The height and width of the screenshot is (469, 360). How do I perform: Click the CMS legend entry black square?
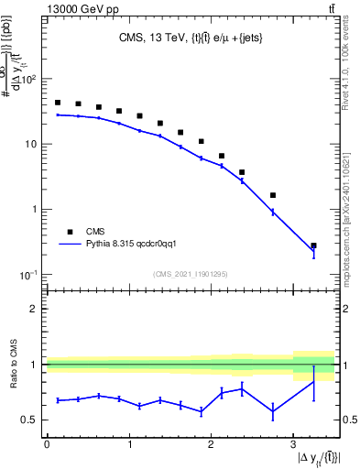[x=68, y=232]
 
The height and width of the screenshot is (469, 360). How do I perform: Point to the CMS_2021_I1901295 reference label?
[x=190, y=274]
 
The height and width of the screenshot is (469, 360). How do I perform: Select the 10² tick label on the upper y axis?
[x=28, y=80]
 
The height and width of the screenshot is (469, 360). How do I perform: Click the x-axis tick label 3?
[x=292, y=444]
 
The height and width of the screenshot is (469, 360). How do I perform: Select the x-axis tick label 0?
[x=47, y=444]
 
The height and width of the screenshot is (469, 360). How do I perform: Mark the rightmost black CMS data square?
[x=313, y=246]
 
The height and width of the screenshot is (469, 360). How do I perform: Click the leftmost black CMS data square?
[x=58, y=103]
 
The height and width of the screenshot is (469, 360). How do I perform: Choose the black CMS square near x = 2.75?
[x=273, y=195]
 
